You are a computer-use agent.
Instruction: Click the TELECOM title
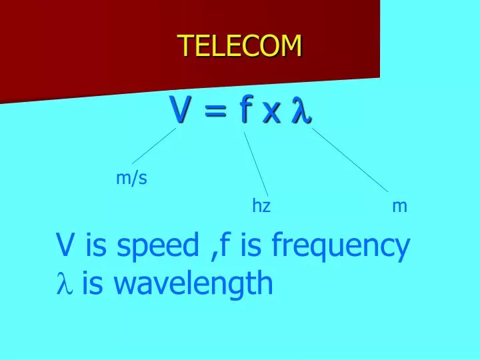point(240,46)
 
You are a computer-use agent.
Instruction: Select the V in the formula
point(177,110)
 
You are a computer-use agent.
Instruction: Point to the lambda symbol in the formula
point(301,111)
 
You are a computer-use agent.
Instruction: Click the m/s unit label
point(131,178)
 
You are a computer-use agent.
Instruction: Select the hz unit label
point(261,206)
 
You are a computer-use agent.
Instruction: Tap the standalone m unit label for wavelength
point(399,207)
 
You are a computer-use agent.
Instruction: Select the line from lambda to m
point(350,161)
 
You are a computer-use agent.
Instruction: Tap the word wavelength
point(194,284)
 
